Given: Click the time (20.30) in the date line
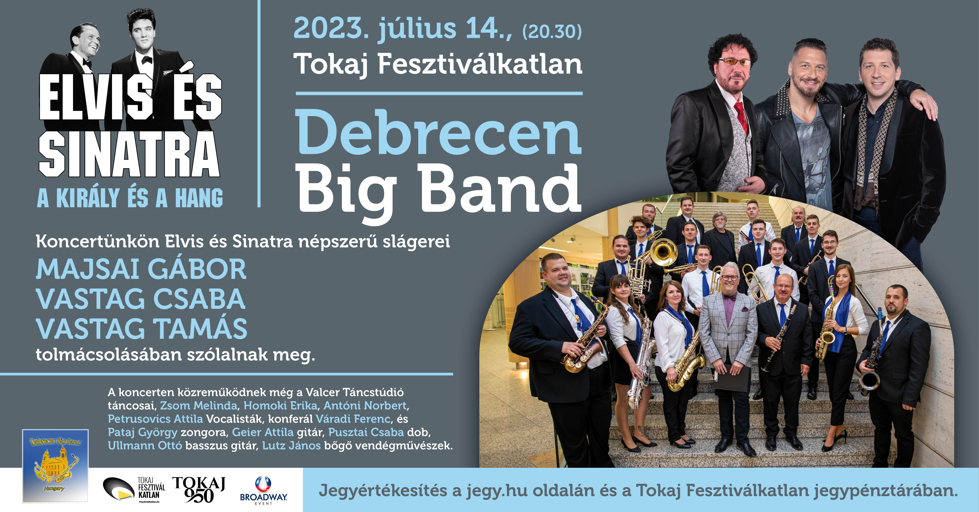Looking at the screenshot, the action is (552, 31).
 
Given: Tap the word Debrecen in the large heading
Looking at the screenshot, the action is (439, 132).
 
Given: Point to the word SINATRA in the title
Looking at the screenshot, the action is (129, 154).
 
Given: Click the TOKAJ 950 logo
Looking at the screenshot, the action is (199, 490).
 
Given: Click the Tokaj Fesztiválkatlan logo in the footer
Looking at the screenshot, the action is (134, 490).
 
